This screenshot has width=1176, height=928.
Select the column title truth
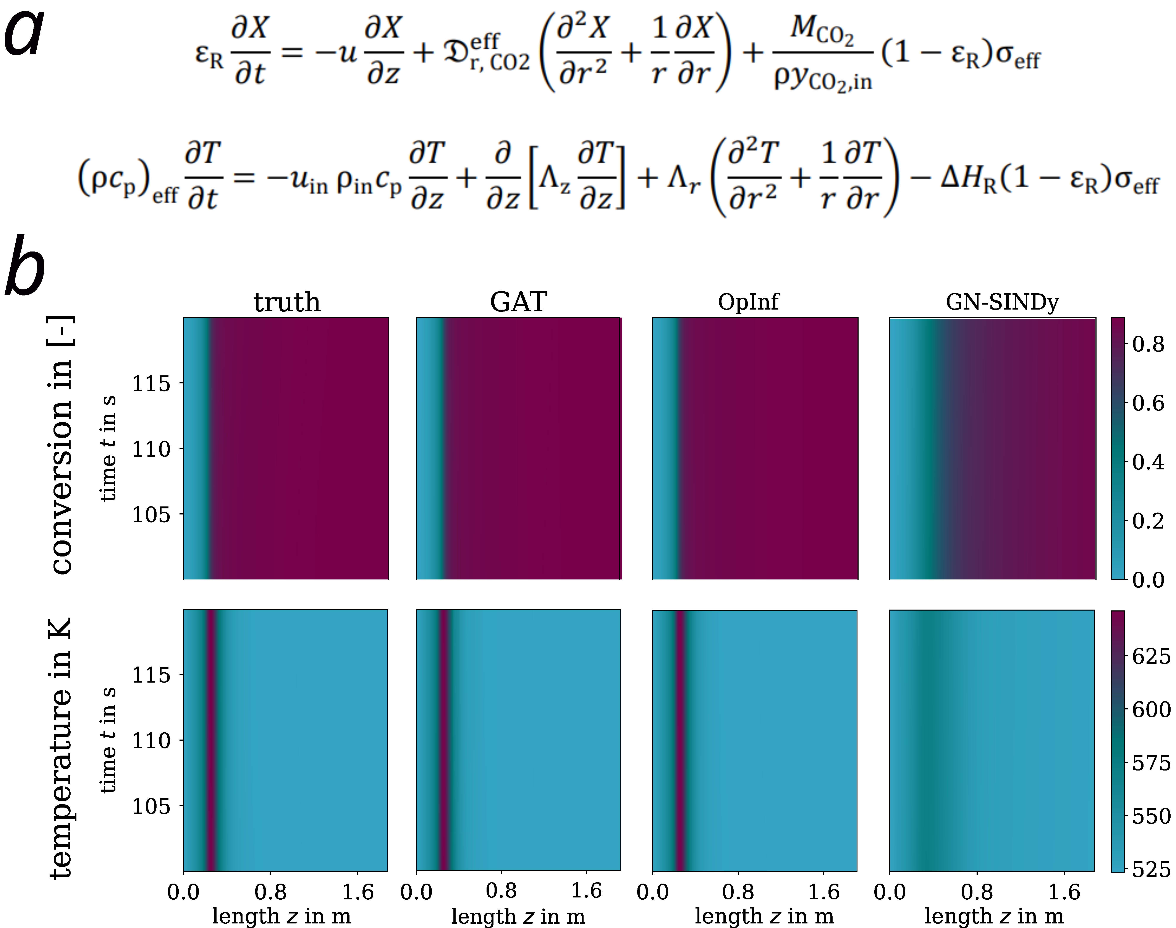click(287, 302)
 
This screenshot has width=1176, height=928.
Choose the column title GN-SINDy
click(1002, 302)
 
